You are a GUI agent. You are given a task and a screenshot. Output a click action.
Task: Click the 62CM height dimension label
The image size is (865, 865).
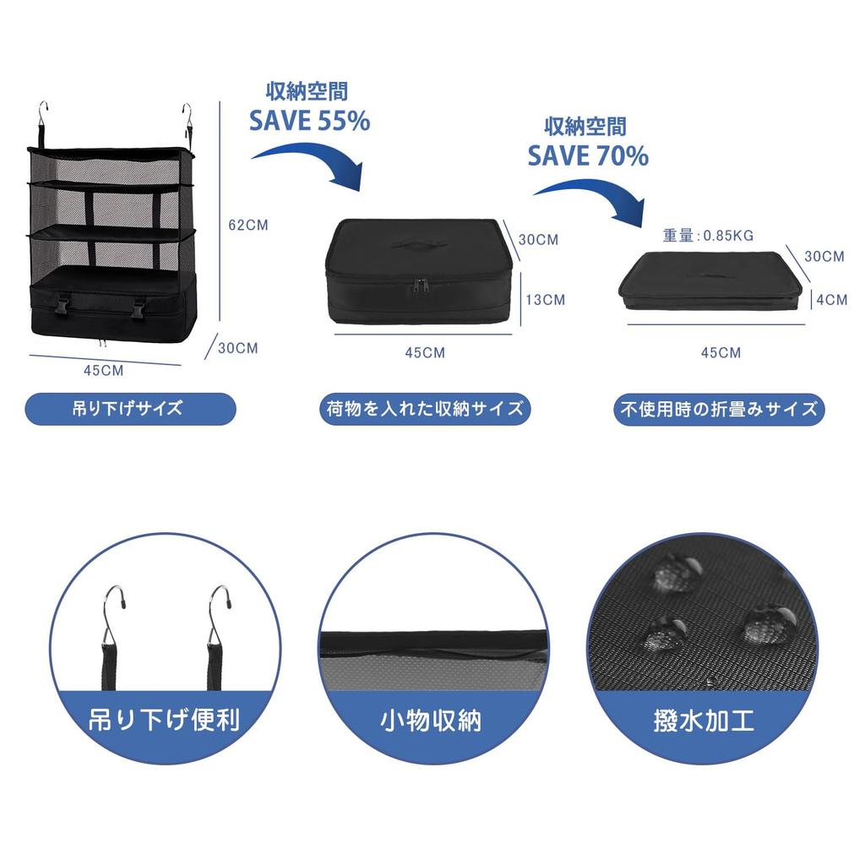tap(248, 225)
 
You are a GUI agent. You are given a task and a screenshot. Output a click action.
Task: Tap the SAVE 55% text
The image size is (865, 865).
tap(309, 121)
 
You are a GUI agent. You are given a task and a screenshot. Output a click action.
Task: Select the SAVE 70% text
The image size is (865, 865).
tap(588, 155)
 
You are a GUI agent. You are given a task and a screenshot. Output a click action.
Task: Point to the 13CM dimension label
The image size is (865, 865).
tap(546, 300)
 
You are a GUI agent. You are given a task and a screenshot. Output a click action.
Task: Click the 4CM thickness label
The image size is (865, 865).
tap(832, 300)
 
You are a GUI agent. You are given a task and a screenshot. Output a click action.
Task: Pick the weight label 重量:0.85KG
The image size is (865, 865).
tap(709, 236)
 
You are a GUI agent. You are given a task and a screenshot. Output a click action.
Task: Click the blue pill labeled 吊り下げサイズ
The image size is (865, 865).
tap(131, 409)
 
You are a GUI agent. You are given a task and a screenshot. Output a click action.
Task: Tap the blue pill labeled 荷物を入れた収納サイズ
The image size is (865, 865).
tap(425, 409)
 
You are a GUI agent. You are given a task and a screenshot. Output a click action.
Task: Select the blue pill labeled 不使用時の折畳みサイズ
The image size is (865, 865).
tap(719, 409)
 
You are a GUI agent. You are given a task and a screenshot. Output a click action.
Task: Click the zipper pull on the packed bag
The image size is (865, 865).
tap(422, 286)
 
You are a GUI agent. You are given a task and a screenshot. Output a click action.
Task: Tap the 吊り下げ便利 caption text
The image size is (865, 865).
tap(165, 721)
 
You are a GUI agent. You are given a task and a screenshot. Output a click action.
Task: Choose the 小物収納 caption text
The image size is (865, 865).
tap(431, 721)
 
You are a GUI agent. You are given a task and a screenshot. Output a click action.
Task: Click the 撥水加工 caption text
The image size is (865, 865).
tap(704, 721)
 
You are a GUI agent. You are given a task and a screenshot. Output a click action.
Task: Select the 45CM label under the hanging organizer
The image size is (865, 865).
tap(104, 371)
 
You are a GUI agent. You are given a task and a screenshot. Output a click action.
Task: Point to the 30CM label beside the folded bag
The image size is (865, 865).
tap(824, 257)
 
